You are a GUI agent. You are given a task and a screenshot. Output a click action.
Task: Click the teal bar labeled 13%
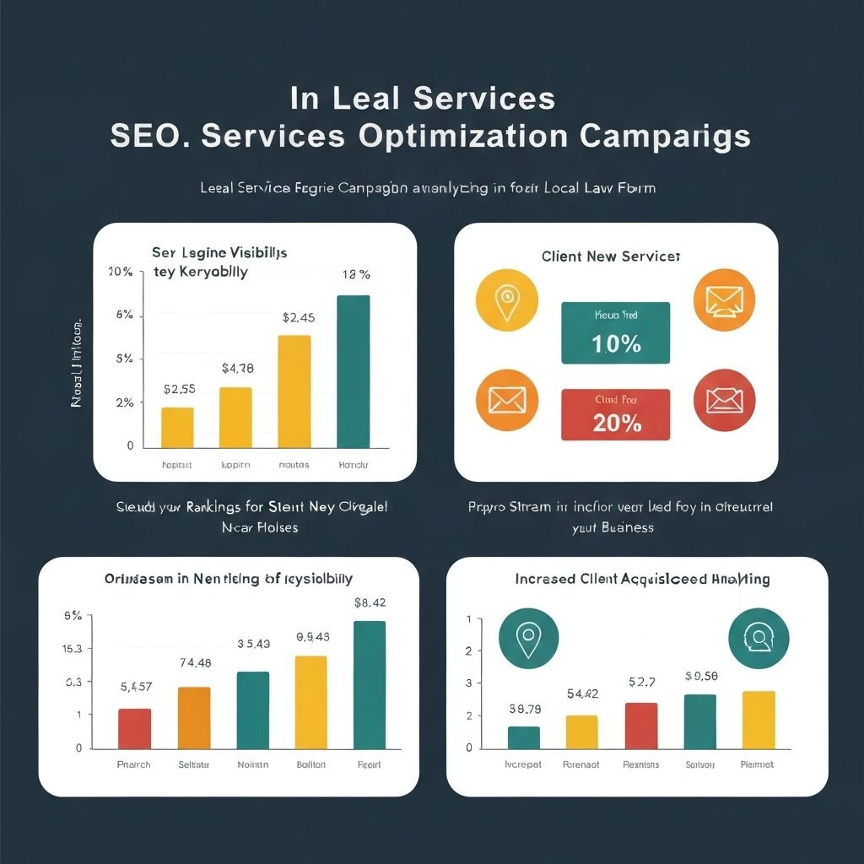[x=353, y=371]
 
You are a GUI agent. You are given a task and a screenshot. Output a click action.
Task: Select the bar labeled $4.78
[x=235, y=417]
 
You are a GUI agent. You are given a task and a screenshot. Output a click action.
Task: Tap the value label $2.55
[x=180, y=390]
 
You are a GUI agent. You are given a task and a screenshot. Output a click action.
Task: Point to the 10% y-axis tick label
[x=121, y=272]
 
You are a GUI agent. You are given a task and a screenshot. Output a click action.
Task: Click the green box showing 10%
[x=615, y=333]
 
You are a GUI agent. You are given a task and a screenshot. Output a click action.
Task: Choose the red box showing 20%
[x=615, y=414]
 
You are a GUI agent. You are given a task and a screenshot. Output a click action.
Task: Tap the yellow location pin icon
[x=506, y=300]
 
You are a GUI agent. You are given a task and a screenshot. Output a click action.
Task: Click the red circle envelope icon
[x=724, y=401]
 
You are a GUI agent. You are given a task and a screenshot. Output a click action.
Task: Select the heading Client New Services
[x=611, y=256]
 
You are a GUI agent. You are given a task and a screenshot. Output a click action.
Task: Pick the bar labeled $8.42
[x=370, y=684]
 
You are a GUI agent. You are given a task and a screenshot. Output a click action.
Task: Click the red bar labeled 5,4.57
[x=134, y=728]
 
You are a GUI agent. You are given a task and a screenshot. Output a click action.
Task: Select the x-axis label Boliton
[x=311, y=764]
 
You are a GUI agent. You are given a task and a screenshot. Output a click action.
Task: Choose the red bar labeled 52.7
[x=641, y=726]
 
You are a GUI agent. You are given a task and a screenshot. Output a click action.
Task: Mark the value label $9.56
[x=701, y=676]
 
